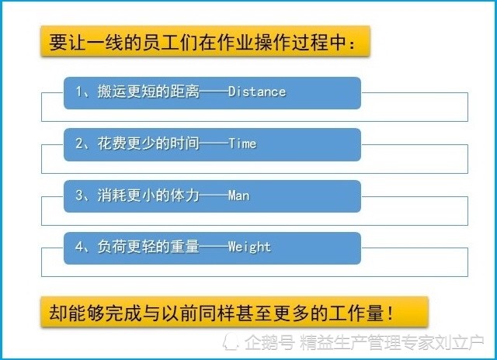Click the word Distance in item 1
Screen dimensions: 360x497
click(x=257, y=92)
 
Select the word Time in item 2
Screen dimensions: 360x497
click(x=242, y=144)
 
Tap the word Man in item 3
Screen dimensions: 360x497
click(x=238, y=196)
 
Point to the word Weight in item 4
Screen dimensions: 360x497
click(x=249, y=247)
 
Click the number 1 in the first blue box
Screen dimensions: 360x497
click(x=79, y=92)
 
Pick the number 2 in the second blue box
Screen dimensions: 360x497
click(x=79, y=144)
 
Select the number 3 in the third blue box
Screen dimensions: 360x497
click(x=79, y=196)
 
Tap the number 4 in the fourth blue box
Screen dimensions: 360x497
click(x=79, y=247)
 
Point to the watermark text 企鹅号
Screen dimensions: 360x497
click(x=269, y=342)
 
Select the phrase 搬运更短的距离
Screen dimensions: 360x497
click(x=148, y=92)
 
